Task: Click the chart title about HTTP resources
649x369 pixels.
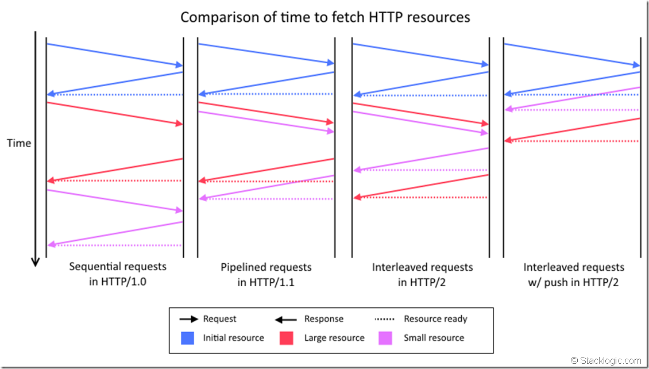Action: (325, 17)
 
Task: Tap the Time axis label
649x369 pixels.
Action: (19, 143)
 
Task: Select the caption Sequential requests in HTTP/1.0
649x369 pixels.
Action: (117, 274)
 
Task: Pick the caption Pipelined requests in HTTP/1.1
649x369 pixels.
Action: (266, 274)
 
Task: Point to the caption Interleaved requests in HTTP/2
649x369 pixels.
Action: (422, 274)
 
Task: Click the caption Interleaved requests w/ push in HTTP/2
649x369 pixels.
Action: (573, 274)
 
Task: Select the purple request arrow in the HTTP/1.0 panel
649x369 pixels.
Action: (115, 200)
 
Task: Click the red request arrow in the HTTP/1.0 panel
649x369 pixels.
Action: (115, 113)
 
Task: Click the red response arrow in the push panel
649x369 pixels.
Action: (572, 129)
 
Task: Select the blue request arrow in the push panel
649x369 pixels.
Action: (572, 55)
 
